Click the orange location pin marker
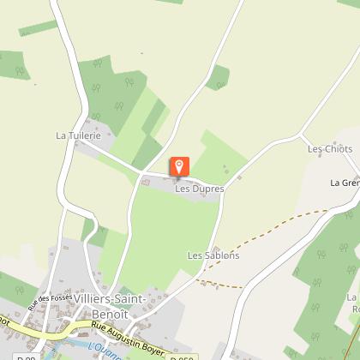[179, 166]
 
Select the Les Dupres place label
[199, 189]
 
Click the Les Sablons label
[213, 255]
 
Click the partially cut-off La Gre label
[345, 183]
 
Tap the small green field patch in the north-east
[219, 77]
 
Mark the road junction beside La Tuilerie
[79, 144]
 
